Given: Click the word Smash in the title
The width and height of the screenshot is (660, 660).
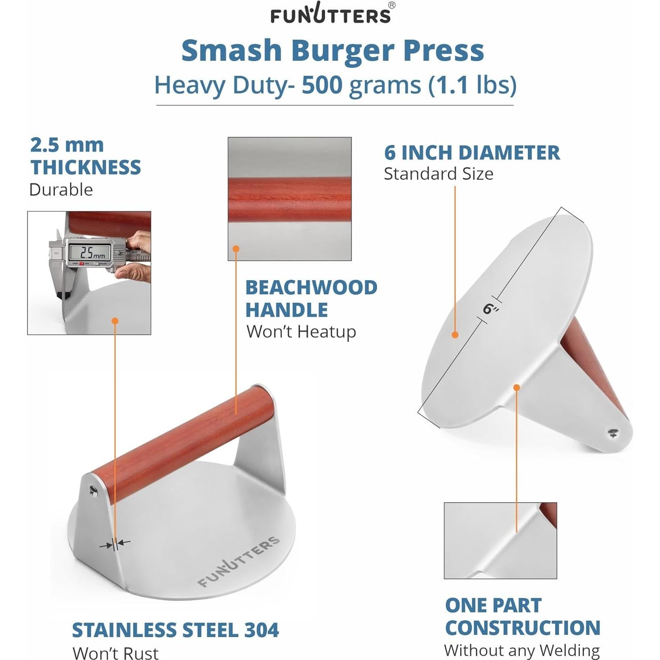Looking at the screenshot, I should point(231,51).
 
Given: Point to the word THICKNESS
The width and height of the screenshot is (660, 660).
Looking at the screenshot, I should point(85,167).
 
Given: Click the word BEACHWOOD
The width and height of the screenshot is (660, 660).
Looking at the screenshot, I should point(311,288).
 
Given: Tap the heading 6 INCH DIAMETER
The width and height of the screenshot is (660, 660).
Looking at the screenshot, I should point(472,153).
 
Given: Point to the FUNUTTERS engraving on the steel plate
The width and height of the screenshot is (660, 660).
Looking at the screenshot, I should point(238,561).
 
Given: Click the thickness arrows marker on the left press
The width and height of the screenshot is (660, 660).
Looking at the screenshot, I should point(115,544).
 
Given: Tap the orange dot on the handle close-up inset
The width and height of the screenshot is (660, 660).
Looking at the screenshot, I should point(236,249).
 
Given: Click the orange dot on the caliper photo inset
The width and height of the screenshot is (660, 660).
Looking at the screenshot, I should point(115,321).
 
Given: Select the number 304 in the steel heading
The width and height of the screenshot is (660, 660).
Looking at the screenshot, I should point(262,630).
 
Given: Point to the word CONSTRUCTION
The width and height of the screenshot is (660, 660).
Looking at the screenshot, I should point(523,628).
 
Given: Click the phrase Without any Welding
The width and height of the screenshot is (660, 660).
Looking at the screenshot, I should point(522,650).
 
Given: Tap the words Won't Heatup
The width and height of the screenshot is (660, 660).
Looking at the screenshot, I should point(301,332).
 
